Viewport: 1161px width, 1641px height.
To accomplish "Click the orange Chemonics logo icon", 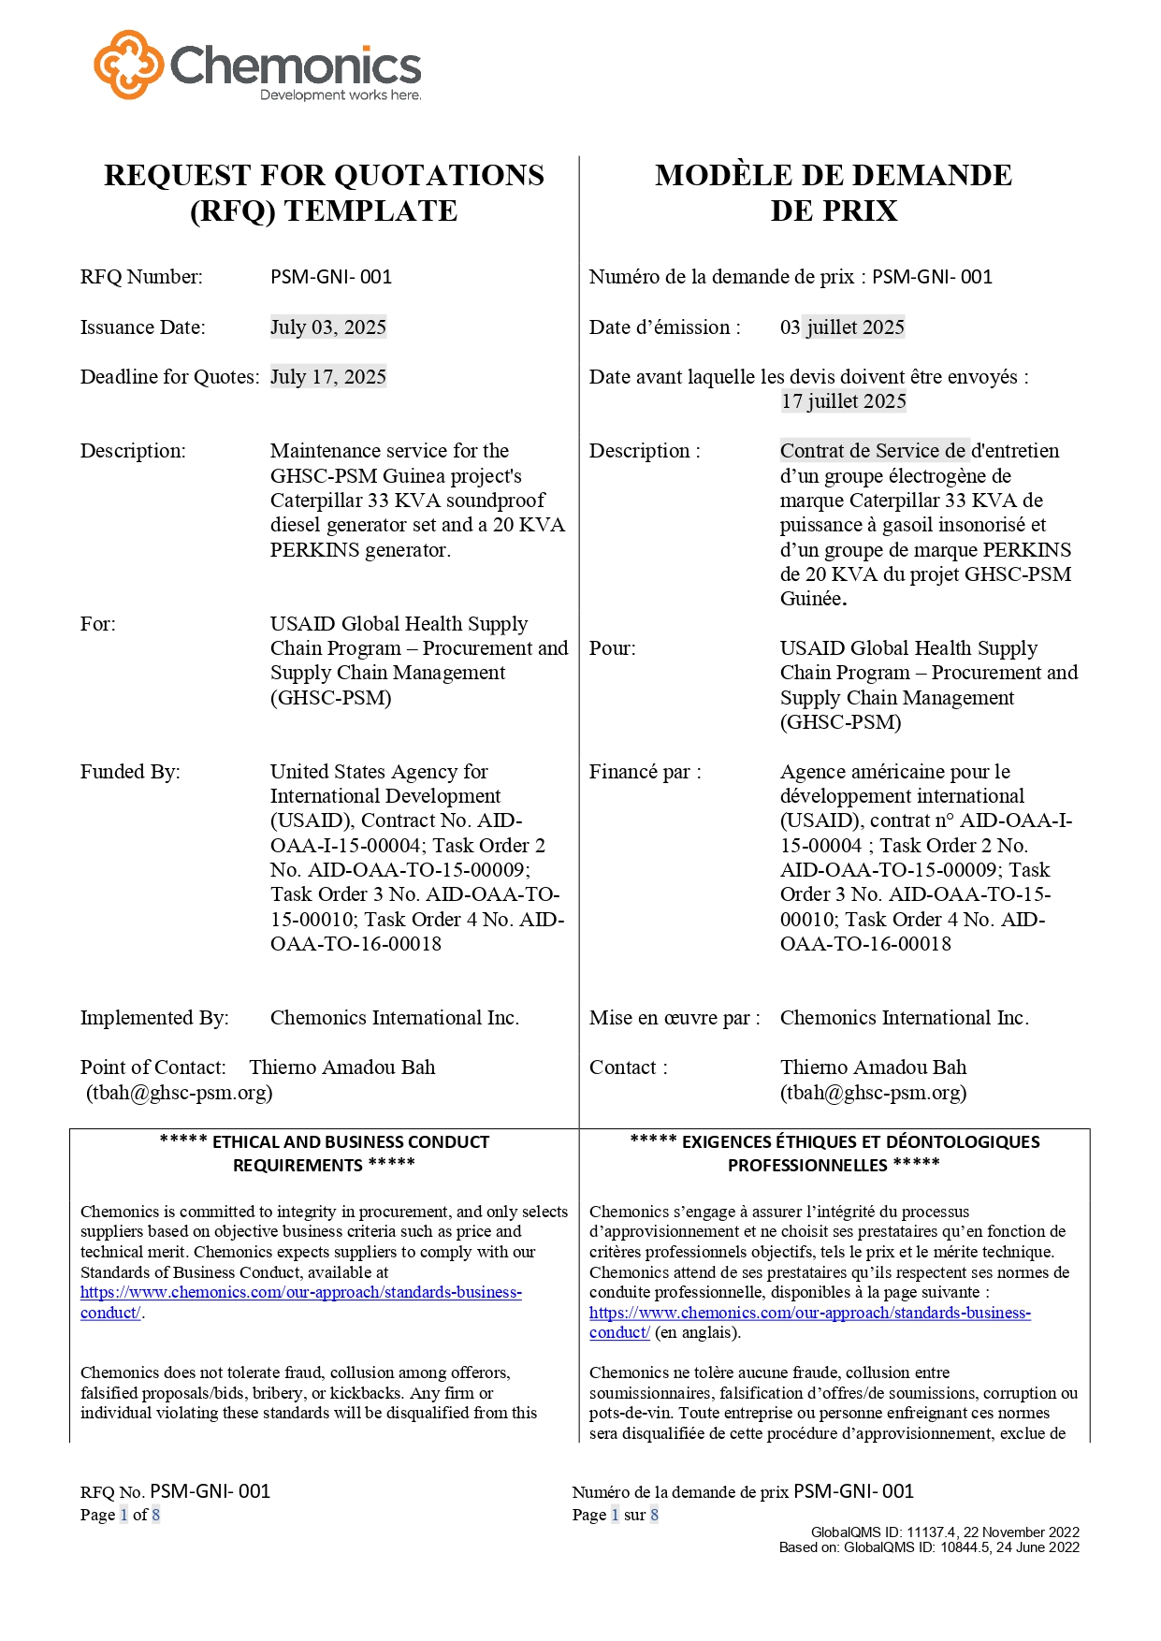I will (x=129, y=65).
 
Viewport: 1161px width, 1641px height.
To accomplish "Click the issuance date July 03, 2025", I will (x=327, y=327).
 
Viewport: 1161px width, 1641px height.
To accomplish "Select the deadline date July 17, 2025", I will (x=327, y=377).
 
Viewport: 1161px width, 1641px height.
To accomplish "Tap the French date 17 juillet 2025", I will (x=843, y=401).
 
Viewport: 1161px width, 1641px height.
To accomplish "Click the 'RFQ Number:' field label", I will (x=141, y=277).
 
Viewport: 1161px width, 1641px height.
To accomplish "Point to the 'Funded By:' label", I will (x=130, y=772).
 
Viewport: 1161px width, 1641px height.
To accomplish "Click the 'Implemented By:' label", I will (x=154, y=1018).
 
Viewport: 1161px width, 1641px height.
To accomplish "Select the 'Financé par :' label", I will (x=645, y=772).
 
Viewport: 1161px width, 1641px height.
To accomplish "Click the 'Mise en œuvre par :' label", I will (x=674, y=1018).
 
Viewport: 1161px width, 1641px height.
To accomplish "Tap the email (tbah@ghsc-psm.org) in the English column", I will (x=179, y=1093).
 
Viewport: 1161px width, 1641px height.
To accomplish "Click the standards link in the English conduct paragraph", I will (x=300, y=1293).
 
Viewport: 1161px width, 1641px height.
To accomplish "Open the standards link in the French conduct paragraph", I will (x=809, y=1314).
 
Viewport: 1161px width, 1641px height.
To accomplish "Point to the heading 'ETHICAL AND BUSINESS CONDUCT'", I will (x=350, y=1142).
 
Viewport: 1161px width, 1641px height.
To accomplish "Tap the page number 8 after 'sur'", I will (x=654, y=1515).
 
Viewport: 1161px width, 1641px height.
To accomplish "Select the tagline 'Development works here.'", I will (x=341, y=95).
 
